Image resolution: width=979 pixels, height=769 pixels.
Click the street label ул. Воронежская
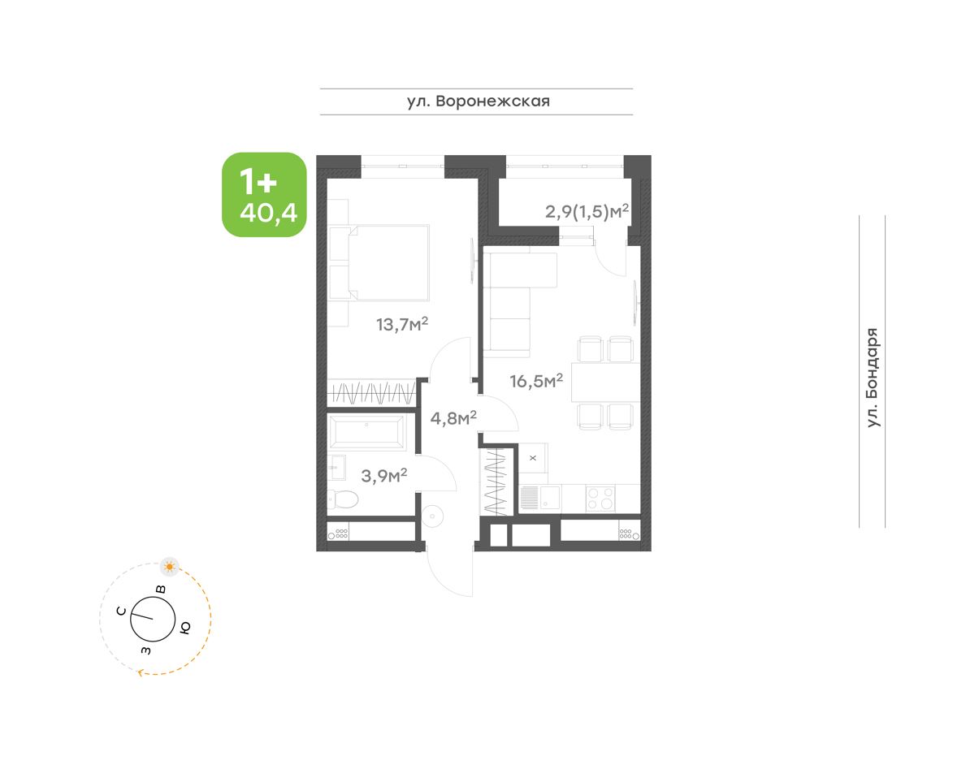coord(479,102)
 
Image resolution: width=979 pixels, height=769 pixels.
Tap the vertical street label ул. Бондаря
coord(873,378)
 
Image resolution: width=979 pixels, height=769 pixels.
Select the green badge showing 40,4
coord(264,195)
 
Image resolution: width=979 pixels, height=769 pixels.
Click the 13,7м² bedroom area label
coord(402,324)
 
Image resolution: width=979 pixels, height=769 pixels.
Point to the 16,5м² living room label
coord(536,381)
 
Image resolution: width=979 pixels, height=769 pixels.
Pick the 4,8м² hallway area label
coord(453,418)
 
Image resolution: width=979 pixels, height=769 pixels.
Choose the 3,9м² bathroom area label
coord(384,475)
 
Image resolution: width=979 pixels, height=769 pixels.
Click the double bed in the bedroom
coord(379,263)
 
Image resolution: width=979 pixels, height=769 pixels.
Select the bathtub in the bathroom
coord(366,433)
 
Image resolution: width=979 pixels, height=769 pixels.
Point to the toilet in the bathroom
coord(343,499)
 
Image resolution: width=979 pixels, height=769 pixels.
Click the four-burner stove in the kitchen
coord(601,499)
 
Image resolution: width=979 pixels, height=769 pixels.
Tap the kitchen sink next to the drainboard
coord(550,499)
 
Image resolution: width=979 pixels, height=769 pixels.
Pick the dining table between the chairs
coord(605,382)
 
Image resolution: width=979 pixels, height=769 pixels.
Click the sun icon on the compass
coord(170,566)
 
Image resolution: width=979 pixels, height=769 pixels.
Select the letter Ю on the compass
coord(185,628)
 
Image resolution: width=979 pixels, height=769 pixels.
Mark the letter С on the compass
coord(121,611)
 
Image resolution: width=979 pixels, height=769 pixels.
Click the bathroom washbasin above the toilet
coord(336,468)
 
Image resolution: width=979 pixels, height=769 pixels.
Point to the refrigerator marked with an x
coord(533,457)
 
